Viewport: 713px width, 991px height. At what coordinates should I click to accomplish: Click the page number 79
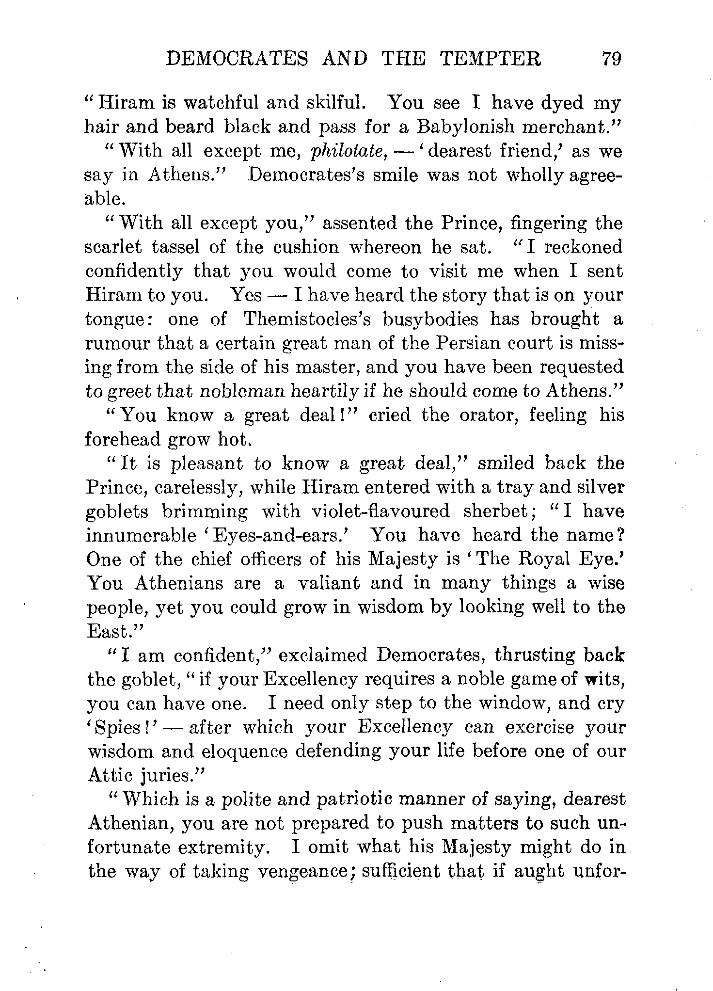click(610, 59)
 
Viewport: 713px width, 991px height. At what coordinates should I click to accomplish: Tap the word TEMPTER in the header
click(491, 59)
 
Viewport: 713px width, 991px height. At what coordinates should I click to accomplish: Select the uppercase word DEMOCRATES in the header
click(237, 59)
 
